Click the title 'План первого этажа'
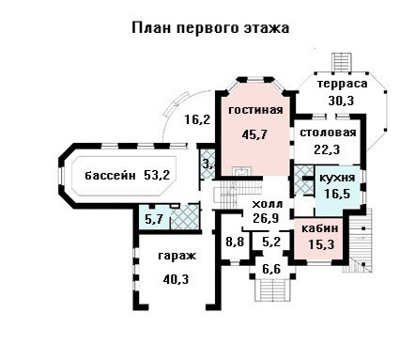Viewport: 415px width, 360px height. pyautogui.click(x=210, y=28)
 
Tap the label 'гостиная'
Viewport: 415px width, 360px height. pyautogui.click(x=255, y=110)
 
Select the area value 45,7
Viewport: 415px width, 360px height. pyautogui.click(x=254, y=134)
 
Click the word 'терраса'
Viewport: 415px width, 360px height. pyautogui.click(x=343, y=84)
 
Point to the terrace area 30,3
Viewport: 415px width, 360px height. pyautogui.click(x=341, y=101)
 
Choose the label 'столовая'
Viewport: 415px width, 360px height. pyautogui.click(x=328, y=133)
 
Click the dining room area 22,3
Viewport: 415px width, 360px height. pyautogui.click(x=327, y=149)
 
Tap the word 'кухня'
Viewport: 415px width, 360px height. pyautogui.click(x=337, y=178)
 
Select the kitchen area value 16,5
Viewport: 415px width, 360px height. pyautogui.click(x=337, y=194)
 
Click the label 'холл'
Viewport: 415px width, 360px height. pyautogui.click(x=268, y=204)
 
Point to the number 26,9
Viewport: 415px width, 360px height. pyautogui.click(x=266, y=218)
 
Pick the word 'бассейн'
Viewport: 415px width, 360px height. pyautogui.click(x=111, y=175)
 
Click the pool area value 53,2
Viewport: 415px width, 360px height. pyautogui.click(x=157, y=175)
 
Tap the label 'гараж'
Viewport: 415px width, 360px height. pyautogui.click(x=177, y=256)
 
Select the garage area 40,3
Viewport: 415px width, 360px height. pyautogui.click(x=176, y=279)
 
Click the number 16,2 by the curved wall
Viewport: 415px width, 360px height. pyautogui.click(x=197, y=119)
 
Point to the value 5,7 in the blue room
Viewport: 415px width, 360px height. pyautogui.click(x=153, y=219)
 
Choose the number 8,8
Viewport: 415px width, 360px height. pyautogui.click(x=235, y=242)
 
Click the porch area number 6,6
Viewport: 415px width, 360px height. pyautogui.click(x=271, y=269)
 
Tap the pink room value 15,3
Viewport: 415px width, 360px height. pyautogui.click(x=321, y=244)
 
